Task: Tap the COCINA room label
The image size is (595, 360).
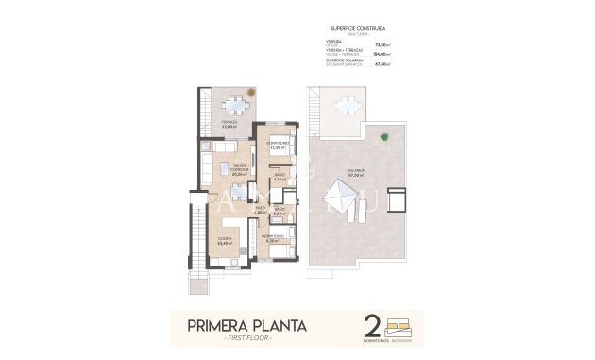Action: tap(225, 240)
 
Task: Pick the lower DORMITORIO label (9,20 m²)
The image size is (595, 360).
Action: tap(272, 238)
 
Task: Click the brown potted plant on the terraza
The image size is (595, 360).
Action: tap(250, 94)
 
